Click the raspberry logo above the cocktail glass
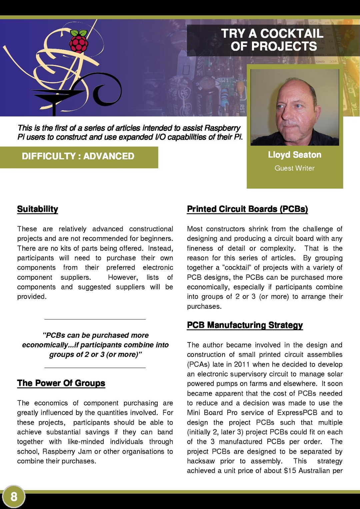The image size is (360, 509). pos(79,42)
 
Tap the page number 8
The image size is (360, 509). pos(14,497)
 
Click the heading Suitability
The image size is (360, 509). pos(38,209)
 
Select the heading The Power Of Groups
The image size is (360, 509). pos(61,383)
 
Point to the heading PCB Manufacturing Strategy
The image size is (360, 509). pos(245,325)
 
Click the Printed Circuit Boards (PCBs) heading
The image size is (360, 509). pos(247,209)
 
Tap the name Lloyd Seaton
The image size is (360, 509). pos(295,155)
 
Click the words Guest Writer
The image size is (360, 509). pos(295,168)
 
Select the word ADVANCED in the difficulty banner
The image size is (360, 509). pos(109,156)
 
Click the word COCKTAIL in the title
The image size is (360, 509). pos(292,33)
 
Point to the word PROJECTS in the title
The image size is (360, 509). pos(284,46)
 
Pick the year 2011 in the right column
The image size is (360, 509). pos(242,364)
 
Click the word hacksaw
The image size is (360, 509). pos(201,461)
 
